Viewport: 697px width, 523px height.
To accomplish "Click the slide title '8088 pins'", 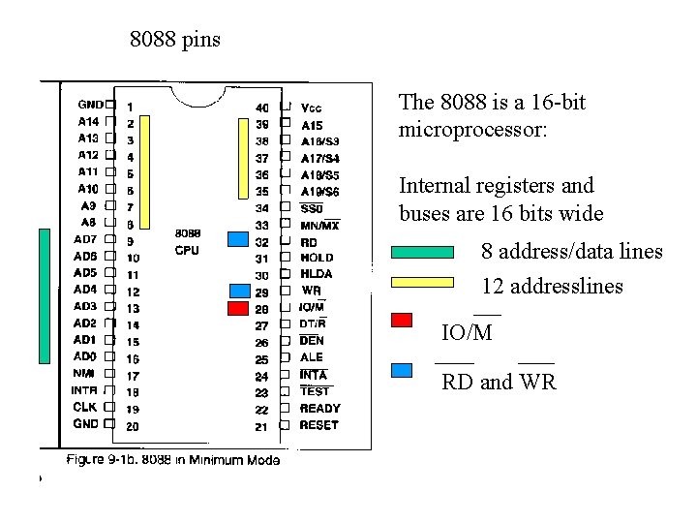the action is pyautogui.click(x=175, y=40).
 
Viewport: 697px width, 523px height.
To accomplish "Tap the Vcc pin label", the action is pyautogui.click(x=312, y=108).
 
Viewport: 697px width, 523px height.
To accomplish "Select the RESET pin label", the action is pyautogui.click(x=318, y=425).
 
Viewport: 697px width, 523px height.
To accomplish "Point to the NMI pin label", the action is pyautogui.click(x=84, y=373).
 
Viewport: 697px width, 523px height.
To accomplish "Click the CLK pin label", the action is pyautogui.click(x=84, y=407).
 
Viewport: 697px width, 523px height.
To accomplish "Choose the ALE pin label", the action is pyautogui.click(x=312, y=357).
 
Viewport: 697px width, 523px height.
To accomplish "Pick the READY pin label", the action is pyautogui.click(x=319, y=409).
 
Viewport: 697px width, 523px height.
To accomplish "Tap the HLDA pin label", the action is pyautogui.click(x=317, y=274).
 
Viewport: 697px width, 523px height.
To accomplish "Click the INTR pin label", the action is pyautogui.click(x=83, y=390).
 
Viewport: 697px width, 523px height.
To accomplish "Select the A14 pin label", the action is pyautogui.click(x=87, y=121).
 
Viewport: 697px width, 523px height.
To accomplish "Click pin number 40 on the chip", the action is pyautogui.click(x=262, y=108).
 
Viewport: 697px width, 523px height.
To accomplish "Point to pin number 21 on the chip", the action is pyautogui.click(x=261, y=426).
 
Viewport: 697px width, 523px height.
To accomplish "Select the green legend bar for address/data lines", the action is pyautogui.click(x=422, y=253).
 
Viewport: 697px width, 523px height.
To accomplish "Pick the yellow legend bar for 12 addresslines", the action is pyautogui.click(x=422, y=283).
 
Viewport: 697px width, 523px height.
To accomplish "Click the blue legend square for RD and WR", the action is pyautogui.click(x=402, y=369).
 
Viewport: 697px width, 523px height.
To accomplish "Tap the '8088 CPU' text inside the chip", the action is pyautogui.click(x=188, y=241).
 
